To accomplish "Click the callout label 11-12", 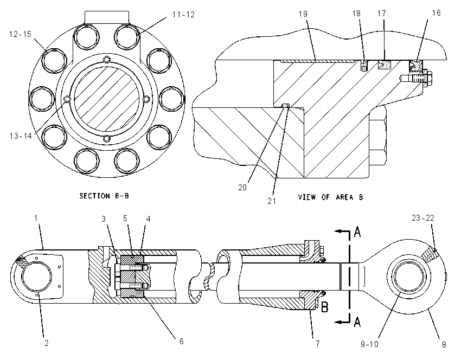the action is (183, 15).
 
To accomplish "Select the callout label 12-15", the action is (20, 34).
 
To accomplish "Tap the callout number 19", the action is (303, 14).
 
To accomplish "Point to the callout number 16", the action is (436, 13).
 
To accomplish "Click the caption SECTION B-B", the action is (104, 196).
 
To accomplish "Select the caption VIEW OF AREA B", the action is (330, 197).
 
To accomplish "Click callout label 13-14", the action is (21, 136).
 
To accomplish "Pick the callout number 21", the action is (272, 201).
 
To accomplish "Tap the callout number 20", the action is (242, 188).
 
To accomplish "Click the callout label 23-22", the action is (423, 218).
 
